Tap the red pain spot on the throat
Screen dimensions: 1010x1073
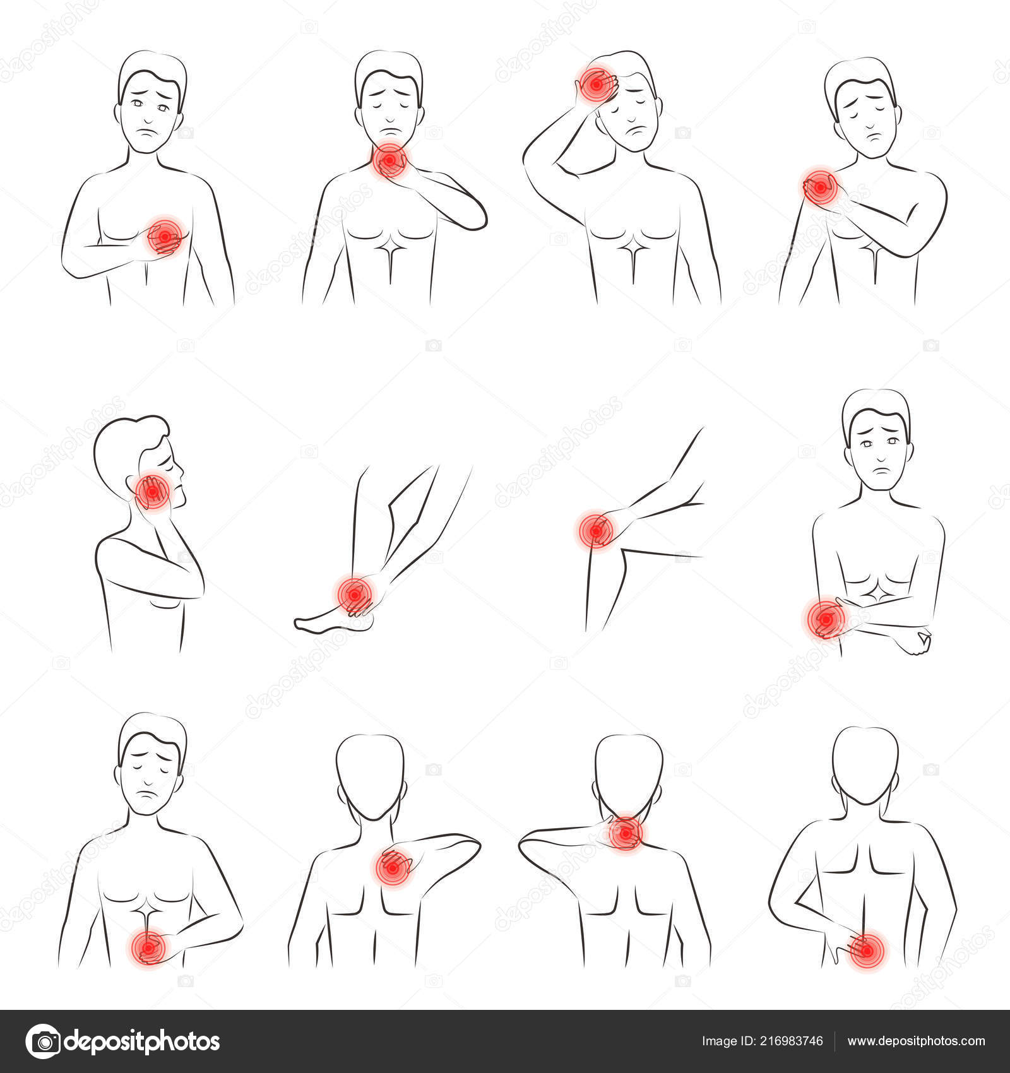389,162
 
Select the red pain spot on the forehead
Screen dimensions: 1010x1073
594,85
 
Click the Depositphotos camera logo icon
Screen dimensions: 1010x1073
42,1041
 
